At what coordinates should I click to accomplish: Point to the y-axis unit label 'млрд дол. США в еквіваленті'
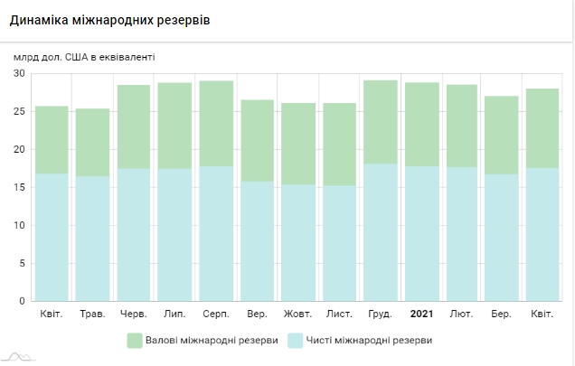click(84, 56)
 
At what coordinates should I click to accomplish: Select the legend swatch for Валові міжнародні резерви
click(135, 340)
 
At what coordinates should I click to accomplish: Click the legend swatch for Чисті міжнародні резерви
click(295, 340)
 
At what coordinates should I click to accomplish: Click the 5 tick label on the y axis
click(21, 263)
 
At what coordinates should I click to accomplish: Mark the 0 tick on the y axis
click(21, 301)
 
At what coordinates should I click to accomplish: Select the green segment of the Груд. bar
click(380, 122)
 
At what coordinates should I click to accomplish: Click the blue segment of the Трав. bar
click(92, 239)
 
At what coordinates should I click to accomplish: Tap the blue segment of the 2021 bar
click(421, 233)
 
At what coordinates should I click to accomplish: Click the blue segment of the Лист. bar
click(339, 243)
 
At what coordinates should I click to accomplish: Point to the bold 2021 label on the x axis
click(421, 314)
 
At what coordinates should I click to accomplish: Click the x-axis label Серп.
click(215, 314)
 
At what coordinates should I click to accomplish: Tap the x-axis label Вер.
click(257, 314)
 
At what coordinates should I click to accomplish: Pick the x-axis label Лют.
click(462, 314)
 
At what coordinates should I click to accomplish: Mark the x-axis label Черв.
click(133, 314)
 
